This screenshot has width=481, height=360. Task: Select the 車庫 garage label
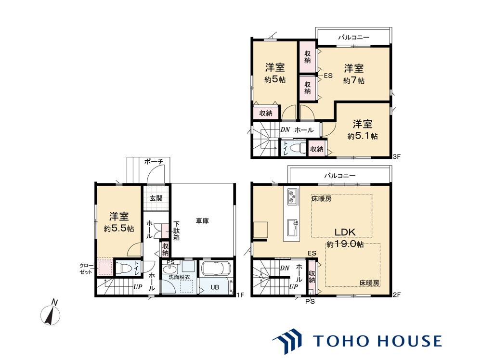point(202,221)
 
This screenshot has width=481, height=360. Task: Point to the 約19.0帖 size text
point(345,244)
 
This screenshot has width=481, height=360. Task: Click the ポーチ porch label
point(154,162)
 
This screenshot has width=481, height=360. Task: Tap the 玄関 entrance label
point(156,198)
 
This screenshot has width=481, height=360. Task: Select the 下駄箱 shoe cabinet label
point(176,231)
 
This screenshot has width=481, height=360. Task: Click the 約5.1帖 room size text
point(363,136)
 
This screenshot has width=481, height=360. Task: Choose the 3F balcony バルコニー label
point(353,37)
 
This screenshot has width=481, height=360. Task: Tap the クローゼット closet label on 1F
point(87,269)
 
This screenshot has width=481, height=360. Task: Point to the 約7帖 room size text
point(353,80)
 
